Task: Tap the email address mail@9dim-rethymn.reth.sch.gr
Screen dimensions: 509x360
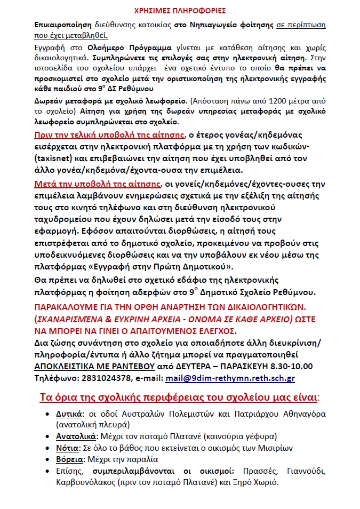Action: click(229, 378)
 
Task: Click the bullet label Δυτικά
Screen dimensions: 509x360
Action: click(69, 414)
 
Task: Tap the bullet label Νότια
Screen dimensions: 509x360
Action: click(67, 448)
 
